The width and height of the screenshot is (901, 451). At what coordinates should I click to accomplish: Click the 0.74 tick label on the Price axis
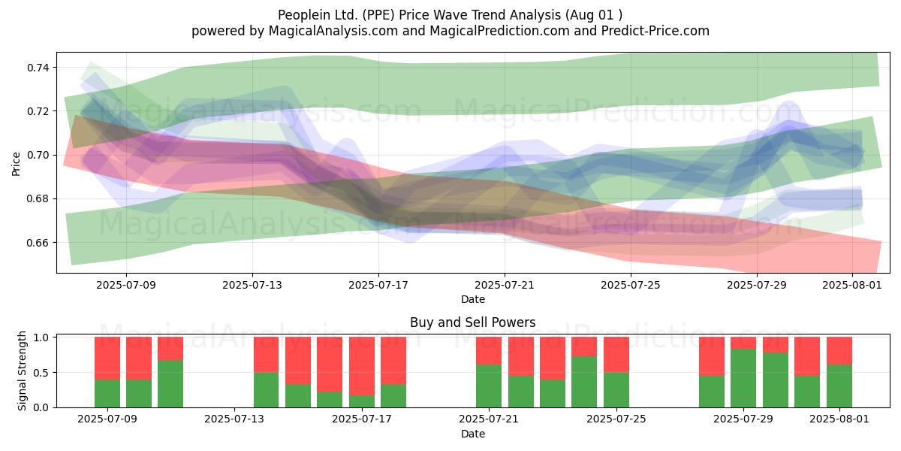pyautogui.click(x=38, y=68)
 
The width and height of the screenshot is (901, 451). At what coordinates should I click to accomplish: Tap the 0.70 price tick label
pyautogui.click(x=38, y=155)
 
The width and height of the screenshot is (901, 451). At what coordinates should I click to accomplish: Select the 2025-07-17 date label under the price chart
pyautogui.click(x=378, y=285)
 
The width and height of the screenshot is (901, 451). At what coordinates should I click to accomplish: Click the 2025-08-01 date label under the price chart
pyautogui.click(x=852, y=285)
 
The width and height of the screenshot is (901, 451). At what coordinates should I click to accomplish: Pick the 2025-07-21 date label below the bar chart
pyautogui.click(x=489, y=419)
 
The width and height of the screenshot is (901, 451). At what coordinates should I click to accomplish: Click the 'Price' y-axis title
pyautogui.click(x=16, y=164)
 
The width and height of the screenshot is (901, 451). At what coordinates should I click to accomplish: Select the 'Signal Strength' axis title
pyautogui.click(x=22, y=371)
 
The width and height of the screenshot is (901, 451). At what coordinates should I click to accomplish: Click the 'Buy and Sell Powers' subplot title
pyautogui.click(x=472, y=322)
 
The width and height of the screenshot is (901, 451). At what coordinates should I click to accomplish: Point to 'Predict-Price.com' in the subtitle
pyautogui.click(x=655, y=31)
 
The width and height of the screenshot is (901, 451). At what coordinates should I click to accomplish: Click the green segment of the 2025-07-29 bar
pyautogui.click(x=743, y=378)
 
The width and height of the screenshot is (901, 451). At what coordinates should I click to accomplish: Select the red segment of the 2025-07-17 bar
pyautogui.click(x=362, y=366)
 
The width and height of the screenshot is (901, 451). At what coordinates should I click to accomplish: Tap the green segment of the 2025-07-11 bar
pyautogui.click(x=170, y=384)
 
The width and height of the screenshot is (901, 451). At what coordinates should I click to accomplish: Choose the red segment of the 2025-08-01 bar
pyautogui.click(x=839, y=351)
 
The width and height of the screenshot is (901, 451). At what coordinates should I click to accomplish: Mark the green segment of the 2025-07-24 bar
pyautogui.click(x=584, y=382)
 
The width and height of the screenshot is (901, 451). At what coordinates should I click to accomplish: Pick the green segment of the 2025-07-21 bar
pyautogui.click(x=489, y=386)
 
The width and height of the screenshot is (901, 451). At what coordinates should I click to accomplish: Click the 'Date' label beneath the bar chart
pyautogui.click(x=472, y=434)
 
